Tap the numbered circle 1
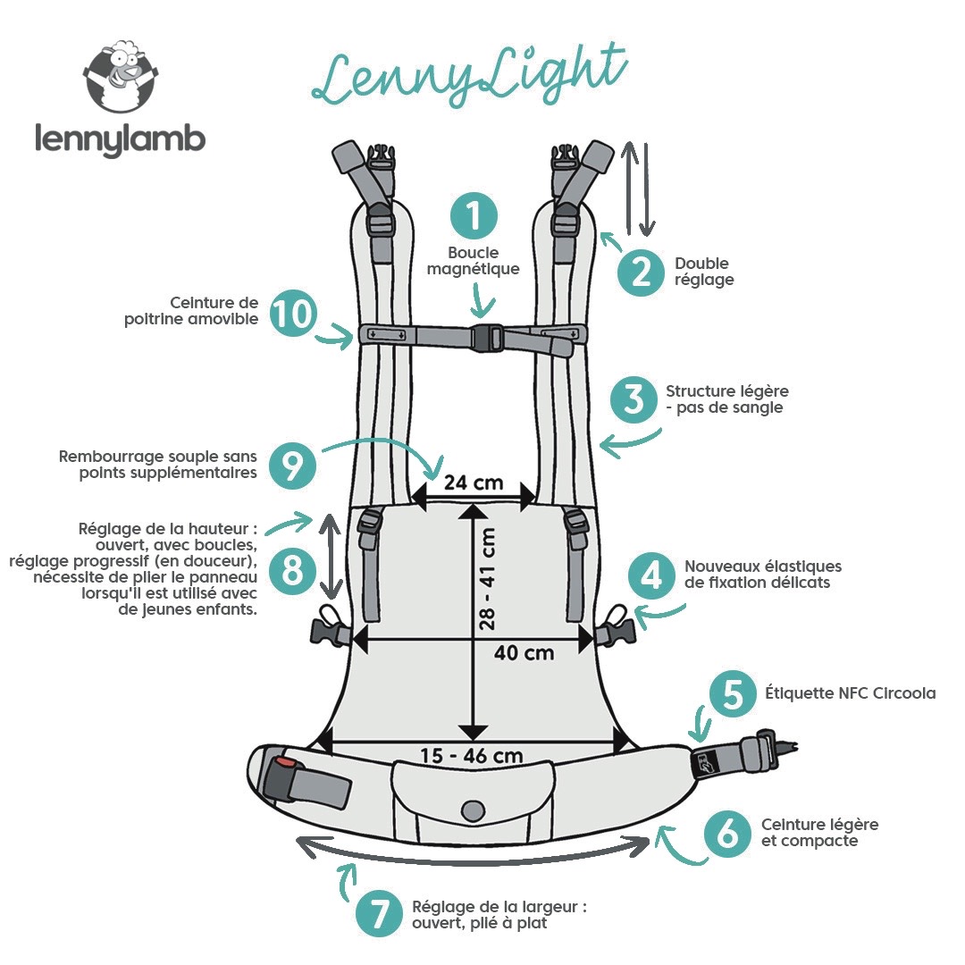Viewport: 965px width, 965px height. [x=474, y=214]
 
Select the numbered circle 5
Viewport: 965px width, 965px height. [x=733, y=695]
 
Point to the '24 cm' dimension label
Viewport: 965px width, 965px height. [x=474, y=483]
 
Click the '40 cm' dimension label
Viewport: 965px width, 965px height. [x=524, y=652]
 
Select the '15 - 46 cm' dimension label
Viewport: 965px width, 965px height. [x=471, y=756]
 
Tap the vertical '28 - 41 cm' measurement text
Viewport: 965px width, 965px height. [x=488, y=579]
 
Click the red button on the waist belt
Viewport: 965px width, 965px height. [x=284, y=764]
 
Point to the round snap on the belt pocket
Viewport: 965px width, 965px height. [x=471, y=810]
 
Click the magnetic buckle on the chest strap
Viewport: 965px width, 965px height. [x=486, y=336]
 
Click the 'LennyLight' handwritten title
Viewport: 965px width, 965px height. [x=468, y=77]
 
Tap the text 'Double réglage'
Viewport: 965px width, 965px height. [x=704, y=272]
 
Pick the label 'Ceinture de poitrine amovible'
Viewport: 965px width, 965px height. [x=192, y=310]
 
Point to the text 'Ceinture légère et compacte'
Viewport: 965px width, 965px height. [x=819, y=833]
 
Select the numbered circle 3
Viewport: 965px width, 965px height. [x=634, y=399]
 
